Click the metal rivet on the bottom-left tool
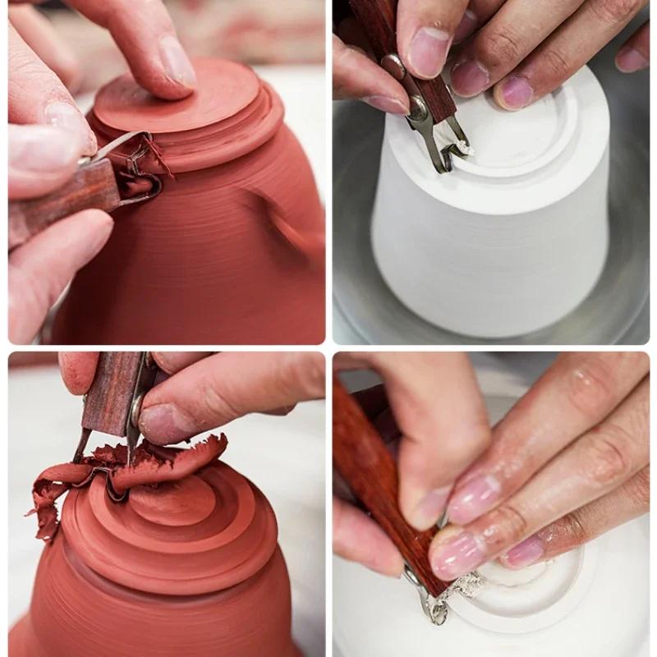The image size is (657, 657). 138,400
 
